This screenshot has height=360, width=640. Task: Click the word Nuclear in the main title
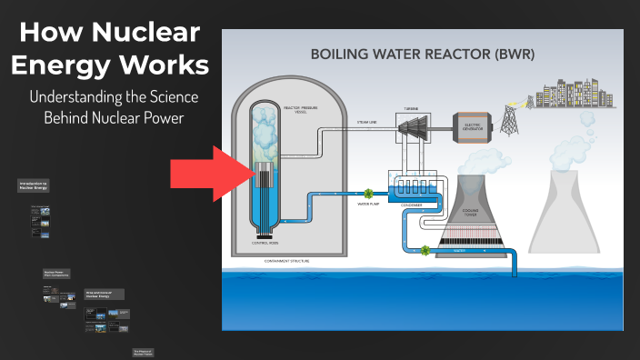pos(146,34)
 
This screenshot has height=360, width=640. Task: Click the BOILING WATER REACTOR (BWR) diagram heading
pos(423,53)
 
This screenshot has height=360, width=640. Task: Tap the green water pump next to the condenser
pos(369,193)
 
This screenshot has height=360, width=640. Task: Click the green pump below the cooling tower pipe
pos(424,248)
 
